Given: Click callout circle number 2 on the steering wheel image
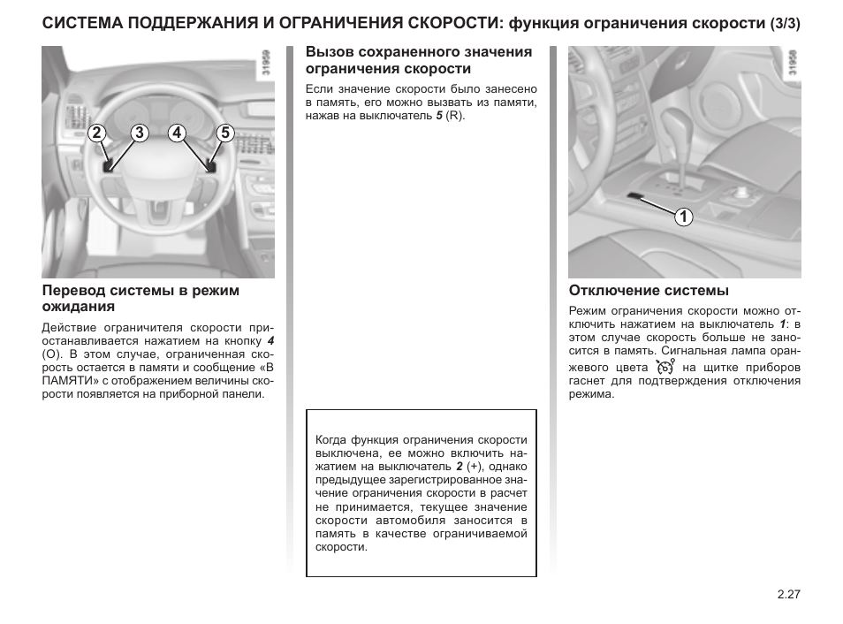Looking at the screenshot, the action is (x=97, y=133).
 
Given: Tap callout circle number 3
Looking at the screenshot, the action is (x=140, y=133).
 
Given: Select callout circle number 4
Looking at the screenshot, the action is (x=177, y=133).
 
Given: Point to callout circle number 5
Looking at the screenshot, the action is (x=225, y=133).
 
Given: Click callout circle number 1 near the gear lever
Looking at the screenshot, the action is (x=683, y=217).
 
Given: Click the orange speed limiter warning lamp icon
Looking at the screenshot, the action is (x=665, y=367).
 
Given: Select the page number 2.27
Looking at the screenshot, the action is (x=789, y=594).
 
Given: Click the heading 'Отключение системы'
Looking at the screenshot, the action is (x=649, y=291).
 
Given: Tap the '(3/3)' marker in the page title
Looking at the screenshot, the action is (x=785, y=24).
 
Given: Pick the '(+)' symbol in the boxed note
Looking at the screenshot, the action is (x=474, y=467).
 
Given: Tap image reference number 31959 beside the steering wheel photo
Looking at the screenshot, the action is (x=266, y=63).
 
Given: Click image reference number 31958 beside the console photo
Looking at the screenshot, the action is (x=793, y=63).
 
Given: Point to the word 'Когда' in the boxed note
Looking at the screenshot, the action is (x=330, y=440).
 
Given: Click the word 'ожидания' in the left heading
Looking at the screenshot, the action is (x=79, y=307).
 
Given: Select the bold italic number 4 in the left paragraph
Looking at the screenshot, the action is (x=270, y=340).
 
